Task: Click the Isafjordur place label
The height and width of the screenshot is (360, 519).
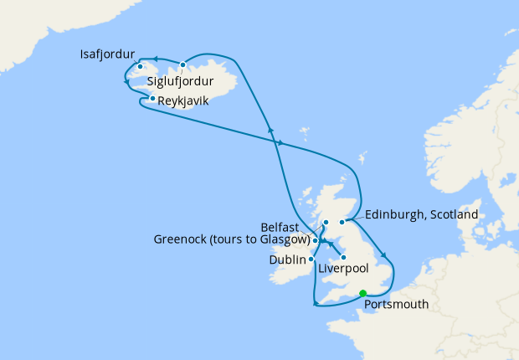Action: (x=107, y=54)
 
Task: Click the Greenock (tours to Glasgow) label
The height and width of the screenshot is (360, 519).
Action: (x=232, y=239)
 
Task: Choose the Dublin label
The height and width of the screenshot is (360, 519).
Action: (x=288, y=260)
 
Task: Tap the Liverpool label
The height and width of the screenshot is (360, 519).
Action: (x=344, y=269)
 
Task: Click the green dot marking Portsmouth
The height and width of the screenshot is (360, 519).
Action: (x=362, y=292)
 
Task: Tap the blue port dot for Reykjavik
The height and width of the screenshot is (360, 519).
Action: (x=152, y=99)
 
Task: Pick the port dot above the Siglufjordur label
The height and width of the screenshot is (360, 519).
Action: (x=182, y=64)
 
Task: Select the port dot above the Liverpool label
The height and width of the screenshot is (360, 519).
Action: (x=343, y=257)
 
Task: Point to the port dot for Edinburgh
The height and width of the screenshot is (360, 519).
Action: (x=342, y=222)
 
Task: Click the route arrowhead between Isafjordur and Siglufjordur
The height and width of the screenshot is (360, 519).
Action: (x=157, y=59)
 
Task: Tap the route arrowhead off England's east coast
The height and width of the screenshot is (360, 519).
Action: (x=384, y=256)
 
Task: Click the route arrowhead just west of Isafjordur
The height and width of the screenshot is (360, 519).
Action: (x=126, y=69)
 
